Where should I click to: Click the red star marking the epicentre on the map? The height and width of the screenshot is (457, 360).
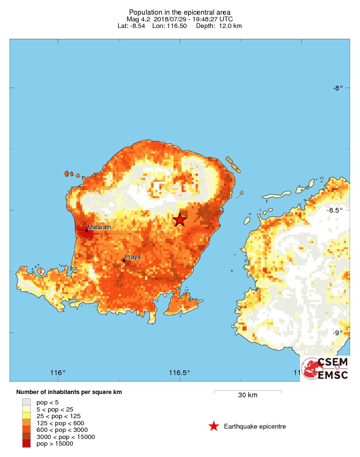[x=179, y=219]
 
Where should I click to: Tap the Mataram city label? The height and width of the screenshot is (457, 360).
[x=99, y=227]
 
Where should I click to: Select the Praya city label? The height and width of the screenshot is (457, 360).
[x=132, y=258]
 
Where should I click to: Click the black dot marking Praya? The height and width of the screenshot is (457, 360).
[x=123, y=260]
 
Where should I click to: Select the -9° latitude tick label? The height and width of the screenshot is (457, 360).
[x=337, y=332]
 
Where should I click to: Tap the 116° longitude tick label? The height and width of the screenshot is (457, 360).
[x=58, y=372]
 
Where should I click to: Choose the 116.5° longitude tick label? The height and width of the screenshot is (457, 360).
[x=180, y=372]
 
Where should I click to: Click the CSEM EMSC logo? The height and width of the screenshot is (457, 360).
[x=325, y=368]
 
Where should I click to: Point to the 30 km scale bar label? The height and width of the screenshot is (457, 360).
[x=247, y=395]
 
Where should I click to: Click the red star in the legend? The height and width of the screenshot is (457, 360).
[x=214, y=427]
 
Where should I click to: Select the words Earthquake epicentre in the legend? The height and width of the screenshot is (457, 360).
[x=255, y=427]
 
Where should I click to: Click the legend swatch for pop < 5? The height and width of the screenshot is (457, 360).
[x=26, y=402]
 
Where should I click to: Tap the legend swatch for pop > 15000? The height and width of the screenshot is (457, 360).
[x=26, y=444]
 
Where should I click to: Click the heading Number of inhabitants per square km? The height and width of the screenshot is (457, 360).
[x=69, y=392]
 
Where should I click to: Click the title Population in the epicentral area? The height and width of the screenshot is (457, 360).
[x=180, y=12]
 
